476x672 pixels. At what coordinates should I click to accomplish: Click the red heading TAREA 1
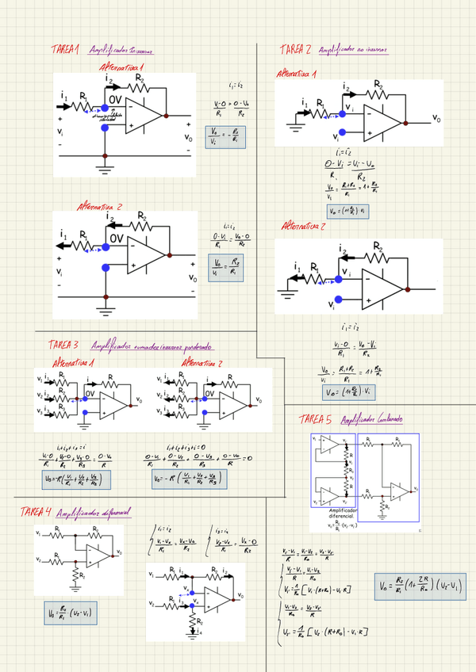pos(66,50)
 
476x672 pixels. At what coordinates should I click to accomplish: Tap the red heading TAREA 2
pos(296,50)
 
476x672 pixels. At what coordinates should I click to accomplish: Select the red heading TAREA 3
pos(63,346)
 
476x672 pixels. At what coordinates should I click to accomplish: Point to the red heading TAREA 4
pos(36,510)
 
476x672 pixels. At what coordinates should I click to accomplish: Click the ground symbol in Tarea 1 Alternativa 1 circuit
pos(105,166)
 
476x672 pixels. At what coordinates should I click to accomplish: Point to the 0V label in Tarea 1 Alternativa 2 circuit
pos(116,238)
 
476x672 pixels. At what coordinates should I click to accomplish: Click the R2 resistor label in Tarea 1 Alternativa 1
pos(140,78)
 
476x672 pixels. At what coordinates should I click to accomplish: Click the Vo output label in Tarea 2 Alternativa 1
pos(436,118)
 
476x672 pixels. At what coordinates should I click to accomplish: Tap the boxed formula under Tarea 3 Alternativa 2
pos(188,479)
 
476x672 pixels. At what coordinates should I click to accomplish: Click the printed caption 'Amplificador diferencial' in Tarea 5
pos(336,514)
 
